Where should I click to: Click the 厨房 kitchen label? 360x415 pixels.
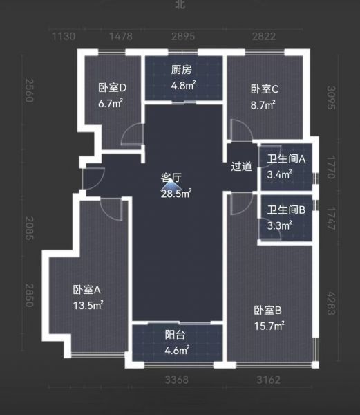pyautogui.click(x=181, y=70)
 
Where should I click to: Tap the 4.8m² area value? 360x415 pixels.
pyautogui.click(x=183, y=86)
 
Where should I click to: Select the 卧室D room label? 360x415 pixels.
pyautogui.click(x=113, y=88)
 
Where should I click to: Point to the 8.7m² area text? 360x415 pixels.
pyautogui.click(x=263, y=105)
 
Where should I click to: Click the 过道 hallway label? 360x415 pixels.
pyautogui.click(x=241, y=166)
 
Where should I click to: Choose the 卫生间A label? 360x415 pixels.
pyautogui.click(x=286, y=159)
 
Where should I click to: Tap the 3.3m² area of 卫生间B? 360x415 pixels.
pyautogui.click(x=279, y=225)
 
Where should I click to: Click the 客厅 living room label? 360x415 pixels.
pyautogui.click(x=171, y=177)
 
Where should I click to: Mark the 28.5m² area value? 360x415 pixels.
pyautogui.click(x=176, y=194)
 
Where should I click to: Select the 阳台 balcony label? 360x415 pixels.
pyautogui.click(x=175, y=335)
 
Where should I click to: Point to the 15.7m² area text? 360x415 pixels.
pyautogui.click(x=269, y=326)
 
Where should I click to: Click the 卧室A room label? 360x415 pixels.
pyautogui.click(x=86, y=290)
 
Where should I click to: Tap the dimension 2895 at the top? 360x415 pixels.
pyautogui.click(x=183, y=36)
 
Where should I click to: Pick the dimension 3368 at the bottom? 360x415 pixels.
pyautogui.click(x=177, y=380)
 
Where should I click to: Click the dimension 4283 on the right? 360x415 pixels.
pyautogui.click(x=331, y=304)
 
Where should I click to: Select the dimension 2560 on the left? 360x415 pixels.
pyautogui.click(x=29, y=90)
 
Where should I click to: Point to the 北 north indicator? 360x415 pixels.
pyautogui.click(x=180, y=4)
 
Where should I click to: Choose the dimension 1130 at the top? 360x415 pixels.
pyautogui.click(x=64, y=36)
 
